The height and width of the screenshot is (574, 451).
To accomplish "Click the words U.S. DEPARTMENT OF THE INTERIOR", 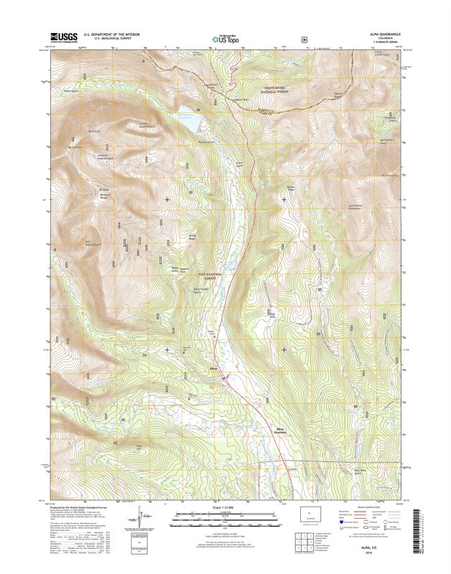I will (111, 34).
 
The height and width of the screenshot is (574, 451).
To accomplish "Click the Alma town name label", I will (213, 370).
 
